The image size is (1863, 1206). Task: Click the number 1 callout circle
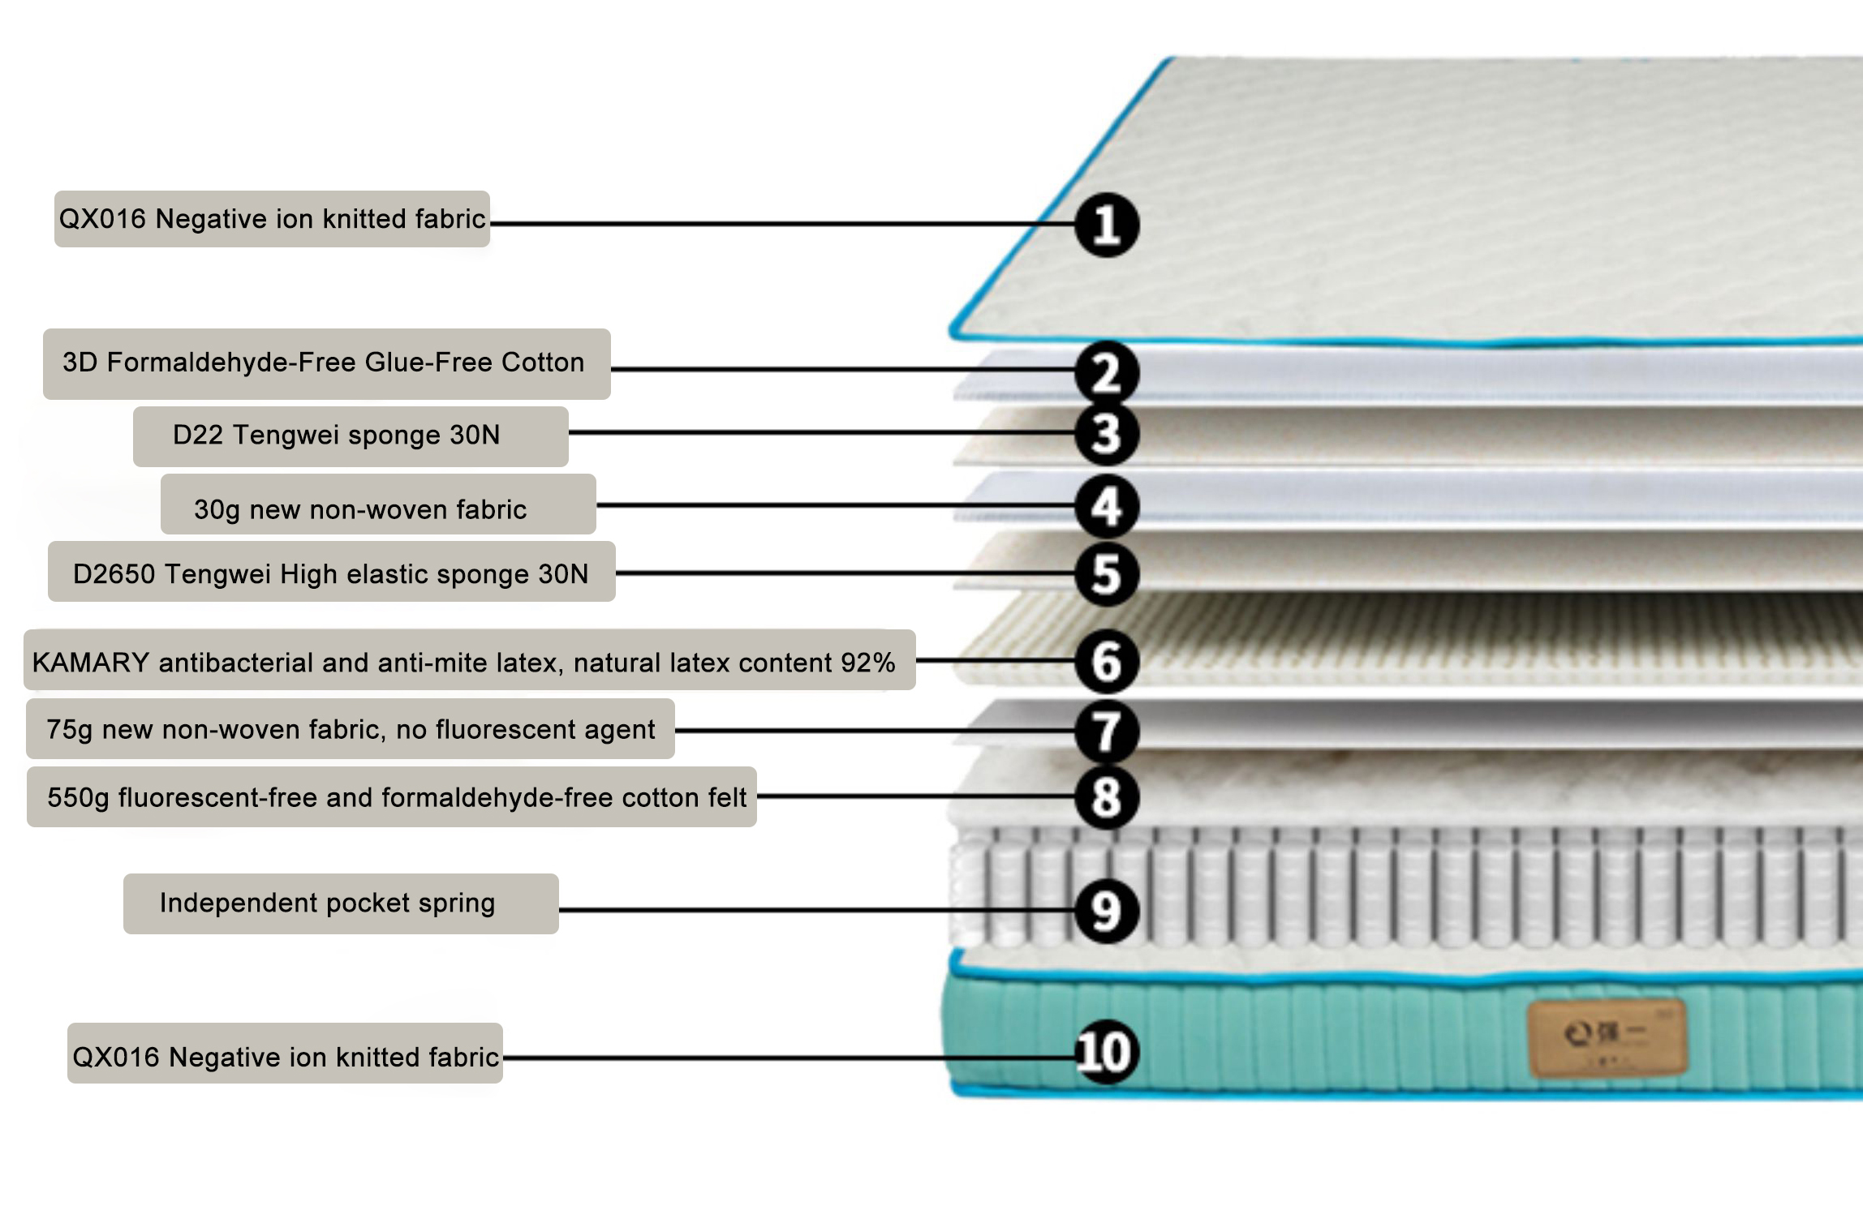pyautogui.click(x=1107, y=225)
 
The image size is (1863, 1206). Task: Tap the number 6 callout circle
pyautogui.click(x=1107, y=661)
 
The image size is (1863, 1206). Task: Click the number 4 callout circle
pyautogui.click(x=1107, y=506)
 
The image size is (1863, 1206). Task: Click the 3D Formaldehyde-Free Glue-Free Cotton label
pyautogui.click(x=326, y=363)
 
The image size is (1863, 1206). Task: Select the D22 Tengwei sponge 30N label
pyautogui.click(x=351, y=436)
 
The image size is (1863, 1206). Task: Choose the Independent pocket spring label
pyautogui.click(x=341, y=903)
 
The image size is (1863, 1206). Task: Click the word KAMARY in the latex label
pyautogui.click(x=91, y=663)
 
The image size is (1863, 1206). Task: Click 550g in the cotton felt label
pyautogui.click(x=78, y=798)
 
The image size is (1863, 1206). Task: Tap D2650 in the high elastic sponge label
pyautogui.click(x=114, y=574)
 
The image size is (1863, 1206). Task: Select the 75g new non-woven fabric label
pyautogui.click(x=351, y=730)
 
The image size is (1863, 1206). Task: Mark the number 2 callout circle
pyautogui.click(x=1107, y=373)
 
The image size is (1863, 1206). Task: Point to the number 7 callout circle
pyautogui.click(x=1107, y=731)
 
